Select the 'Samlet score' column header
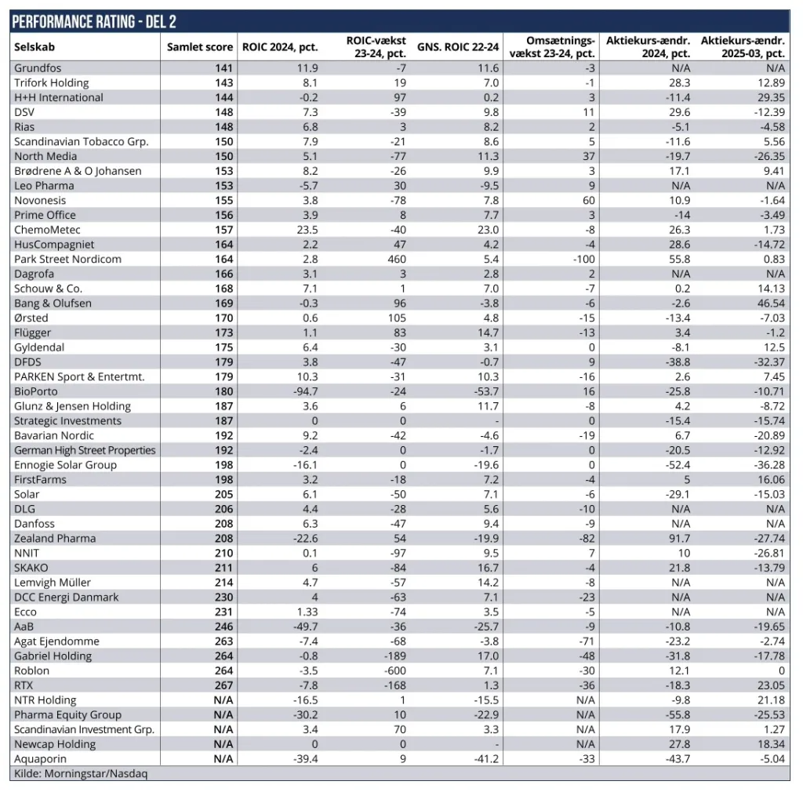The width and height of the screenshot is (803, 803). (199, 47)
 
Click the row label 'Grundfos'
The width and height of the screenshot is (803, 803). (38, 68)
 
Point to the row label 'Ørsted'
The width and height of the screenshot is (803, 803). (31, 318)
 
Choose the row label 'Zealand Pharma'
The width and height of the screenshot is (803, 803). (55, 538)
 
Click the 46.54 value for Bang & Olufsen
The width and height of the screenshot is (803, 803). (772, 303)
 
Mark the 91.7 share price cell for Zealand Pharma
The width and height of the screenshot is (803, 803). (679, 538)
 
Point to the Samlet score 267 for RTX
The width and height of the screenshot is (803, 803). (223, 685)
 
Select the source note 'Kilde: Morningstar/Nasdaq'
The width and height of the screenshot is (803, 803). (81, 773)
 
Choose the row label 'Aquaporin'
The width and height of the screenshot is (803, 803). (42, 758)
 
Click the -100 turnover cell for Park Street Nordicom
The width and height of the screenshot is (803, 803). (583, 259)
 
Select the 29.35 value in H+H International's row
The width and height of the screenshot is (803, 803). (772, 97)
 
